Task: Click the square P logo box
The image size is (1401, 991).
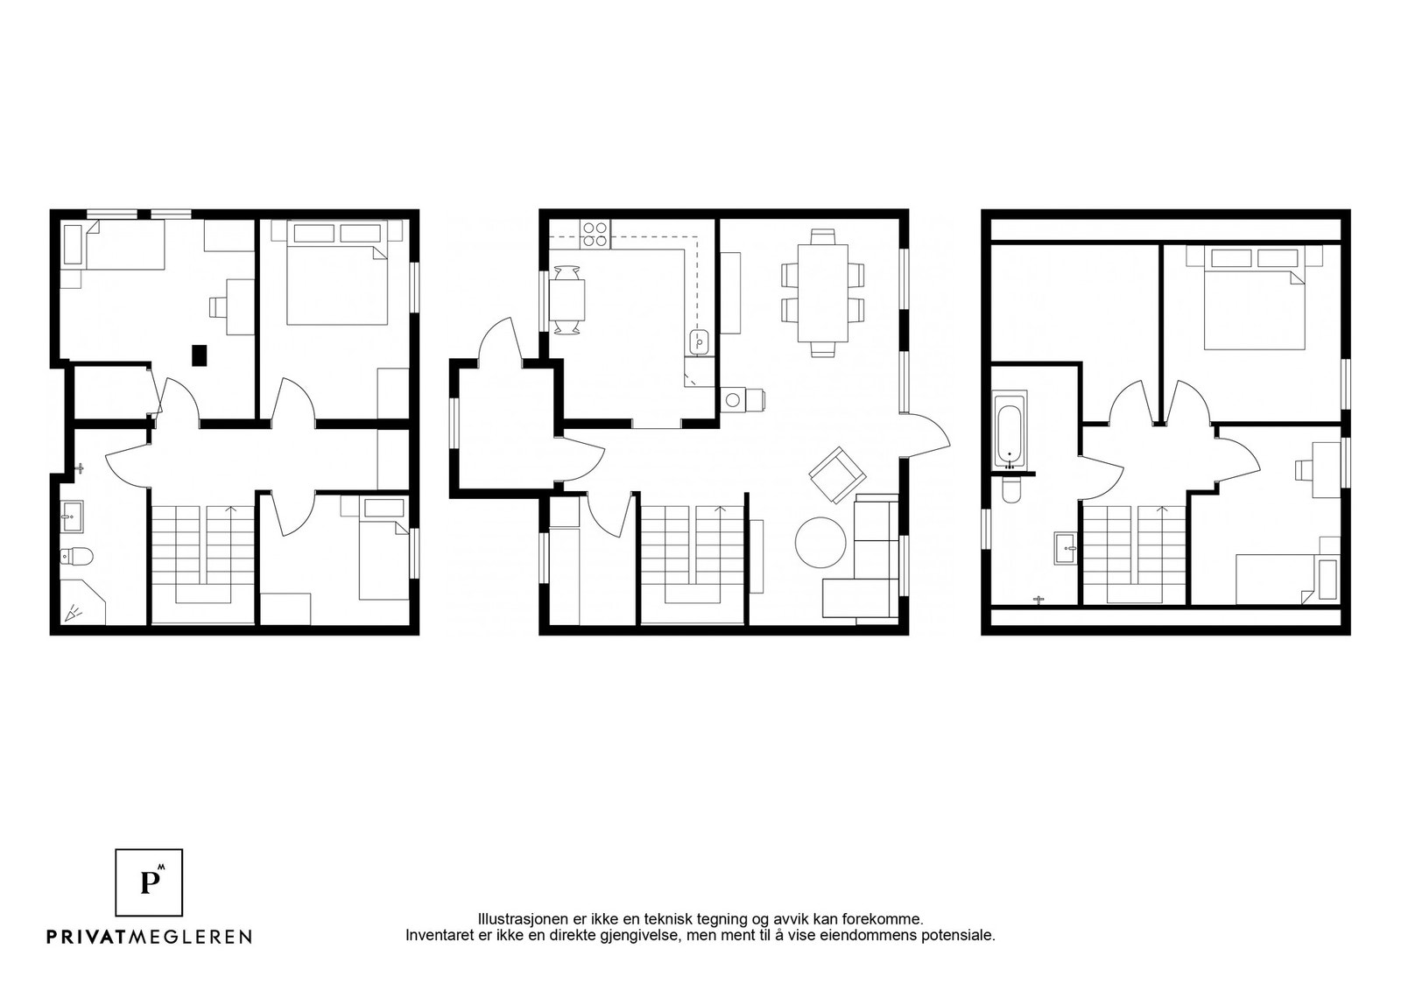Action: pyautogui.click(x=149, y=882)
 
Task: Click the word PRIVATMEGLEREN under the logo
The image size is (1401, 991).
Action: pyautogui.click(x=150, y=937)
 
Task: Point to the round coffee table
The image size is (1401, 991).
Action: pyautogui.click(x=820, y=542)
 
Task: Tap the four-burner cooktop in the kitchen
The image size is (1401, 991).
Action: pyautogui.click(x=595, y=235)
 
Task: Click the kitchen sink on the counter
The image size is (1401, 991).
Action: pyautogui.click(x=700, y=342)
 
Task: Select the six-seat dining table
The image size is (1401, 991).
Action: pyautogui.click(x=822, y=292)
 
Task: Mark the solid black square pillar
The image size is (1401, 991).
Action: pyautogui.click(x=201, y=355)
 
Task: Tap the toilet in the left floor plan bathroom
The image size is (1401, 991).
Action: pyautogui.click(x=76, y=555)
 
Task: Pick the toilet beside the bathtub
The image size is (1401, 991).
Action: pyautogui.click(x=1010, y=490)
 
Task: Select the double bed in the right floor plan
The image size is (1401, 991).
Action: pyautogui.click(x=1255, y=298)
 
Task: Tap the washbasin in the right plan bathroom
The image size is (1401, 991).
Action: pyautogui.click(x=1065, y=548)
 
